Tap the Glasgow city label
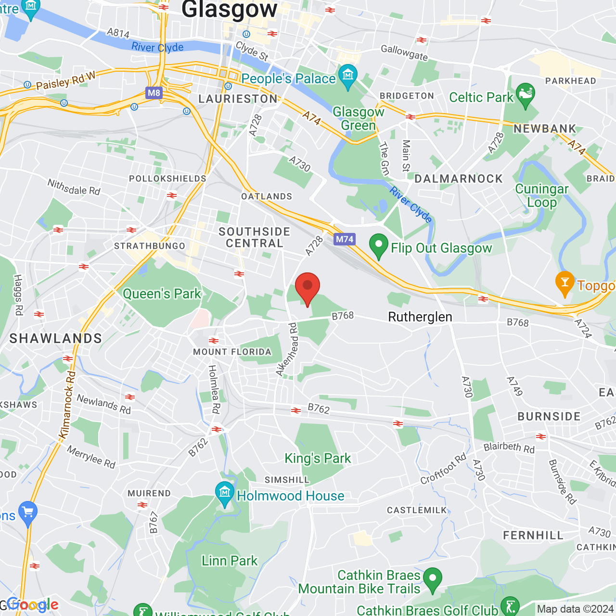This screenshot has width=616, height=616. click(230, 9)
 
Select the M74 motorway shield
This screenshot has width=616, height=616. click(345, 239)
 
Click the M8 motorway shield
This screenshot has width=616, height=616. click(154, 93)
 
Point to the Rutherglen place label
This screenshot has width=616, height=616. click(420, 317)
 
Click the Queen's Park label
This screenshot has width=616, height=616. click(162, 294)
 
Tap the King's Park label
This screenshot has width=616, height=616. click(318, 458)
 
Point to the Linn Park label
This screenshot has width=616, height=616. click(230, 561)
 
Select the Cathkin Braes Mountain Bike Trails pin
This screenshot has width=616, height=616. click(433, 579)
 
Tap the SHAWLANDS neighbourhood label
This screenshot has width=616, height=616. click(56, 338)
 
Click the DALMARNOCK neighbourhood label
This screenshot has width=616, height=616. click(459, 179)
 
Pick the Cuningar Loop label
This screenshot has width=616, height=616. click(542, 195)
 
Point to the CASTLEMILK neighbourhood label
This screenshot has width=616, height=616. click(417, 510)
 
